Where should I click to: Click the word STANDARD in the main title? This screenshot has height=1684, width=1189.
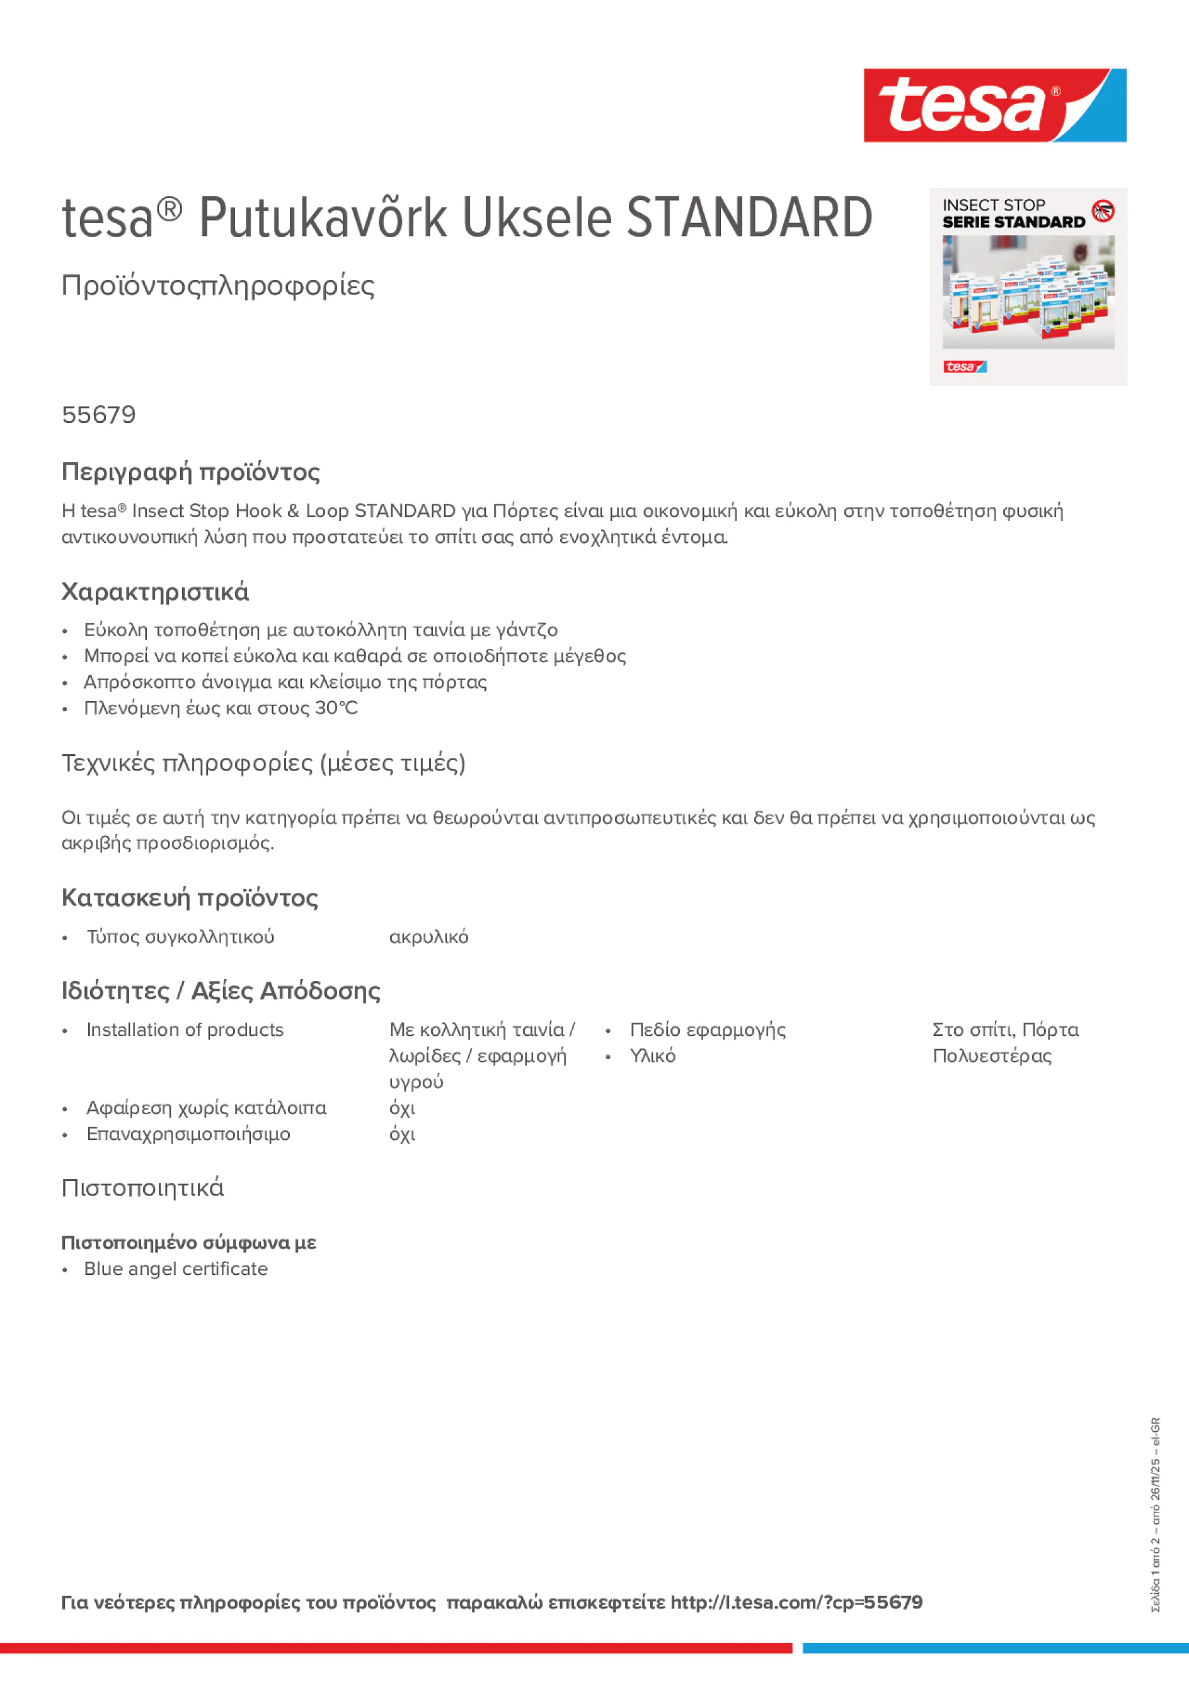click(x=749, y=218)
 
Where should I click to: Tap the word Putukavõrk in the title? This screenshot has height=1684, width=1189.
click(x=323, y=218)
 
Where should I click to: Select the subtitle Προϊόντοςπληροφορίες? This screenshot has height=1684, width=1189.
click(x=218, y=286)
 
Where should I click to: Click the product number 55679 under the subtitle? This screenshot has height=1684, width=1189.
click(x=99, y=415)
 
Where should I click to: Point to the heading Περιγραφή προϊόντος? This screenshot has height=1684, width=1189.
click(x=190, y=472)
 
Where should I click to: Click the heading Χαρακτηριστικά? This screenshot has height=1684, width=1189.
click(x=154, y=592)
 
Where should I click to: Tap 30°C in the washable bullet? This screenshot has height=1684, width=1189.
click(x=336, y=708)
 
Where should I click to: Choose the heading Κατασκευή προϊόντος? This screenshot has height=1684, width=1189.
click(x=190, y=898)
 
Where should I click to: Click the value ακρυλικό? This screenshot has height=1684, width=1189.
click(x=429, y=937)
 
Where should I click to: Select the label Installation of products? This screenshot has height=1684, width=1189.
click(x=185, y=1030)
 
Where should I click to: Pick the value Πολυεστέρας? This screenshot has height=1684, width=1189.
click(x=992, y=1055)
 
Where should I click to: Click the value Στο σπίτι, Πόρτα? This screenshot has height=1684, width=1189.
click(x=1005, y=1030)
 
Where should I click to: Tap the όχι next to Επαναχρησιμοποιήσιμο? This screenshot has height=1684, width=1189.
click(x=403, y=1134)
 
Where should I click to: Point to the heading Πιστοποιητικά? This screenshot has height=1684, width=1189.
click(x=143, y=1187)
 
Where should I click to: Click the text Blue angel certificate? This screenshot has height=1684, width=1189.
click(x=176, y=1269)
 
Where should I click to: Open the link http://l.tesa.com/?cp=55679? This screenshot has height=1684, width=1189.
click(x=796, y=1602)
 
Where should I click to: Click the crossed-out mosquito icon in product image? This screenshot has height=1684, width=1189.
click(x=1103, y=211)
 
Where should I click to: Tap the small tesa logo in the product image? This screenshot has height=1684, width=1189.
click(x=965, y=367)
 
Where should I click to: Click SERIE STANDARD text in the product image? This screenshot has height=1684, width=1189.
click(x=1014, y=222)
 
